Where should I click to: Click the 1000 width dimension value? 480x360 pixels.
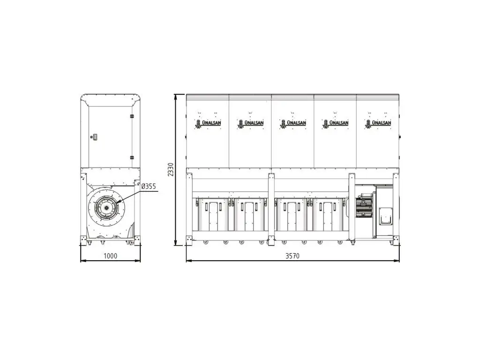[110, 255]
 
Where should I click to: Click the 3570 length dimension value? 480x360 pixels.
[292, 255]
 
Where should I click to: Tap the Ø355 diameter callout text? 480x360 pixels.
[149, 186]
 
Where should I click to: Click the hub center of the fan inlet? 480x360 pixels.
[106, 208]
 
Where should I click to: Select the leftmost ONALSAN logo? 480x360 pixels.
[208, 123]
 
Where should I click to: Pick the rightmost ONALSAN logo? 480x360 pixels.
[378, 123]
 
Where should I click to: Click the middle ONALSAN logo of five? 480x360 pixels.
[293, 123]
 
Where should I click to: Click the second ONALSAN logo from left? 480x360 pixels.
[250, 123]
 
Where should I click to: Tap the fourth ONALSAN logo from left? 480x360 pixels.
[336, 123]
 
